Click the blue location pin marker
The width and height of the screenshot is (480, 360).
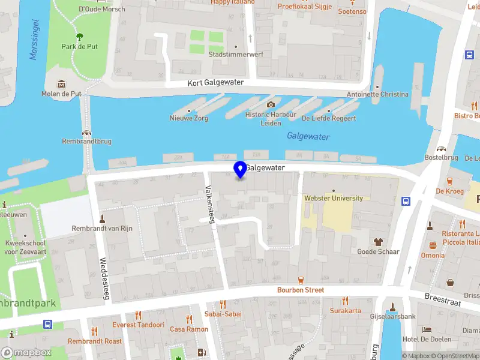tap(241, 169)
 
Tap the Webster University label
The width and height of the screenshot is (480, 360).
tap(334, 198)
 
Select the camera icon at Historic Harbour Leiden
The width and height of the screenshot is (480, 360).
tap(271, 104)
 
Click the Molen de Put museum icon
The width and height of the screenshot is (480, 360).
tap(61, 83)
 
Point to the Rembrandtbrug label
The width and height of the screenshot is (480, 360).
tap(87, 142)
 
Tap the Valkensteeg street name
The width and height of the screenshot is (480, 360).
tap(211, 204)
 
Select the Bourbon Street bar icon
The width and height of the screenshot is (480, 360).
tap(301, 280)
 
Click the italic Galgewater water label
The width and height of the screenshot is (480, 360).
tap(308, 137)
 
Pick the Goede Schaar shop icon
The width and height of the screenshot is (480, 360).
tap(378, 242)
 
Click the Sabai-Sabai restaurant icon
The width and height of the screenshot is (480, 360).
tap(223, 304)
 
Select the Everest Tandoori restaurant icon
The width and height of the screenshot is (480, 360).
tap(138, 315)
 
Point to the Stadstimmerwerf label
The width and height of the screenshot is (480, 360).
tap(236, 54)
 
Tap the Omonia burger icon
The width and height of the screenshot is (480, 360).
tap(433, 245)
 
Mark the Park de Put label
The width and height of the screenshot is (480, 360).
tap(79, 46)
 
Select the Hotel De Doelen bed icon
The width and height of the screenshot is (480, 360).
tap(427, 330)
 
